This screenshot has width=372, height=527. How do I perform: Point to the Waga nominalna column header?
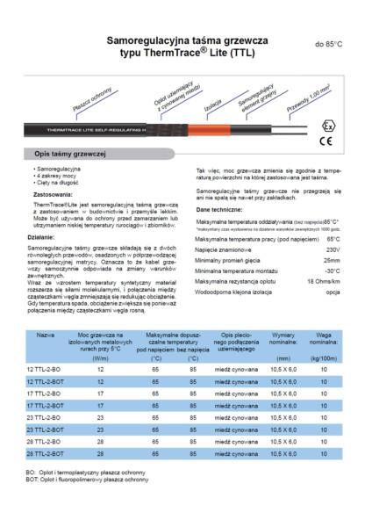324,339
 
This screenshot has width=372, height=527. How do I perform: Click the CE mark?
325,140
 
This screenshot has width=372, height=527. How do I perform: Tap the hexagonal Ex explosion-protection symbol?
325,117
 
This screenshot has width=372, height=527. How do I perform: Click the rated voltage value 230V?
332,250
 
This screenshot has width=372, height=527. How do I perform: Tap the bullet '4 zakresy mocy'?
58,174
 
